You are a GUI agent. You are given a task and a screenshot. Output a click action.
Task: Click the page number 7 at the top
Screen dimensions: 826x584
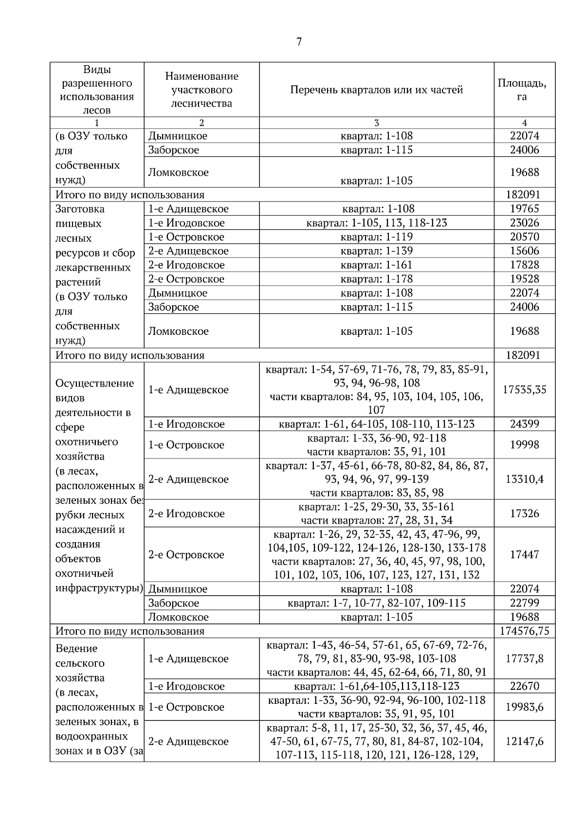pos(299,42)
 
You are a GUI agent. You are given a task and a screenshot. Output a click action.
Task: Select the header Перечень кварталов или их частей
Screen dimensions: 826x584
pos(376,90)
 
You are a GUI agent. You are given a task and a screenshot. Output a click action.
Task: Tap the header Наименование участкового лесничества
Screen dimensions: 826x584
pos(201,90)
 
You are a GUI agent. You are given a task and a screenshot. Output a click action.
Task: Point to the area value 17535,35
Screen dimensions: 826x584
pos(524,389)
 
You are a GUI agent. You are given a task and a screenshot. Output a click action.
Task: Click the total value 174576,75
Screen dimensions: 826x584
pos(524,631)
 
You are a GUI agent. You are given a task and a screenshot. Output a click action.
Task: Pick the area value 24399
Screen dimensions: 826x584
pos(524,424)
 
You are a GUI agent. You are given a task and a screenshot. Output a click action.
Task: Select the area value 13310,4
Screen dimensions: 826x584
pos(524,479)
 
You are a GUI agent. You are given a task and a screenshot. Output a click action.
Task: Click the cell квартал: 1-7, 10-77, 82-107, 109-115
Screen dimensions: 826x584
pos(376,603)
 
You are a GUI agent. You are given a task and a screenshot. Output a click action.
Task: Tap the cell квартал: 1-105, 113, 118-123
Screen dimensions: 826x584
pos(376,223)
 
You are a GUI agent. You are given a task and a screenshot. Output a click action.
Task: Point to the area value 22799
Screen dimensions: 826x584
pos(524,603)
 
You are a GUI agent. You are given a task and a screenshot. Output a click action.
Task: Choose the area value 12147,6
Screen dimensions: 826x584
pos(524,741)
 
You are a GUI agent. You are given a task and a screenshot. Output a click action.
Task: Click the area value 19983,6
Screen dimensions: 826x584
pos(524,707)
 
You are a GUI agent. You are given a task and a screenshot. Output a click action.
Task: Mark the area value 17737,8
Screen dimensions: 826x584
pos(524,659)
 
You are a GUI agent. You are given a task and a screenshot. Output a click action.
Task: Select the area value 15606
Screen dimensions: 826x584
pos(524,251)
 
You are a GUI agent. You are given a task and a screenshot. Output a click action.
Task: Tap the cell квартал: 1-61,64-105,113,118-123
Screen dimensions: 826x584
pos(376,686)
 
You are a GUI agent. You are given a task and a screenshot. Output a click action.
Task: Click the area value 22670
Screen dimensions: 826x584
pos(524,686)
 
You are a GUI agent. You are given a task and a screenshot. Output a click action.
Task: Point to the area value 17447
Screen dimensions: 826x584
pos(524,554)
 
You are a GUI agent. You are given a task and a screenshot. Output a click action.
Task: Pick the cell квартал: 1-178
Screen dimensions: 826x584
pos(376,279)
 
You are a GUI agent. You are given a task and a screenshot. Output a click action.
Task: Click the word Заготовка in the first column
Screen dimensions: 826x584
pos(80,209)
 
